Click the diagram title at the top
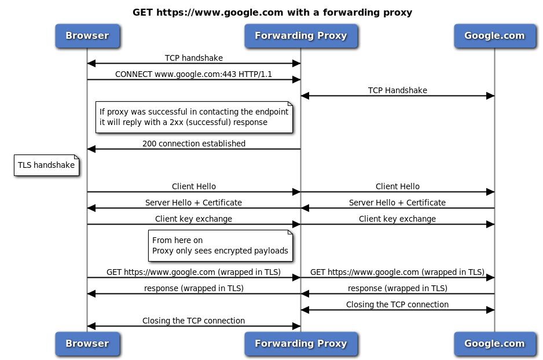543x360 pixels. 272,12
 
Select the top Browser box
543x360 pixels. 87,35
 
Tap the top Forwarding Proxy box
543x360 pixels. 300,35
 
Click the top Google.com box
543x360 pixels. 494,35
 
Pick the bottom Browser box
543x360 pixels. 87,343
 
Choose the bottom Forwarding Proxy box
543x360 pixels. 300,343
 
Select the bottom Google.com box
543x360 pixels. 494,343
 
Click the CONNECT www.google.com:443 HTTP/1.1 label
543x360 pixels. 193,74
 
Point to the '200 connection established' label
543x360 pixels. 193,144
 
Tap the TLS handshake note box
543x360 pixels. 46,166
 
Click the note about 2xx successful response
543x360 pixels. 193,117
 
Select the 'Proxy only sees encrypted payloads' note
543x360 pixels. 220,246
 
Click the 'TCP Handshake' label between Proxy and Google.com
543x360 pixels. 397,90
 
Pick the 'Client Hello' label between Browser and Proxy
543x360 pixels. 193,186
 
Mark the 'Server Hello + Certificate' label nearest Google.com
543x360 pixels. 397,203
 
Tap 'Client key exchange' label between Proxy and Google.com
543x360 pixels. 397,219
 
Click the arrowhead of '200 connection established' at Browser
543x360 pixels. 91,149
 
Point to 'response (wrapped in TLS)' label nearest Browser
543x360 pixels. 193,288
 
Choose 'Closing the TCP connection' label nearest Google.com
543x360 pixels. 397,304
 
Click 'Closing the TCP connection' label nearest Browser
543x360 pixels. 193,321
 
